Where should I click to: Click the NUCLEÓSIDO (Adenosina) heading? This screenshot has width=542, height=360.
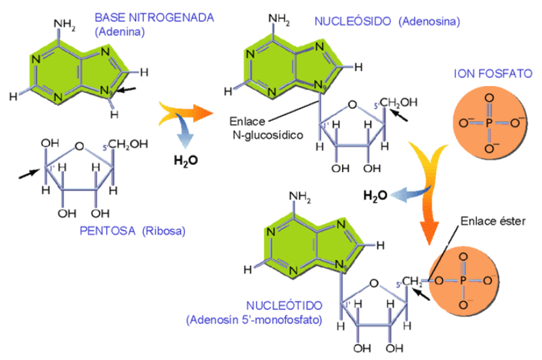click(387, 21)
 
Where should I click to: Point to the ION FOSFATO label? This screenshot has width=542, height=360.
click(493, 73)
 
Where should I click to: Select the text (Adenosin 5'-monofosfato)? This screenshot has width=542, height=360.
click(254, 318)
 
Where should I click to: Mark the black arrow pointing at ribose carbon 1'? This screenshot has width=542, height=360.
click(28, 174)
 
